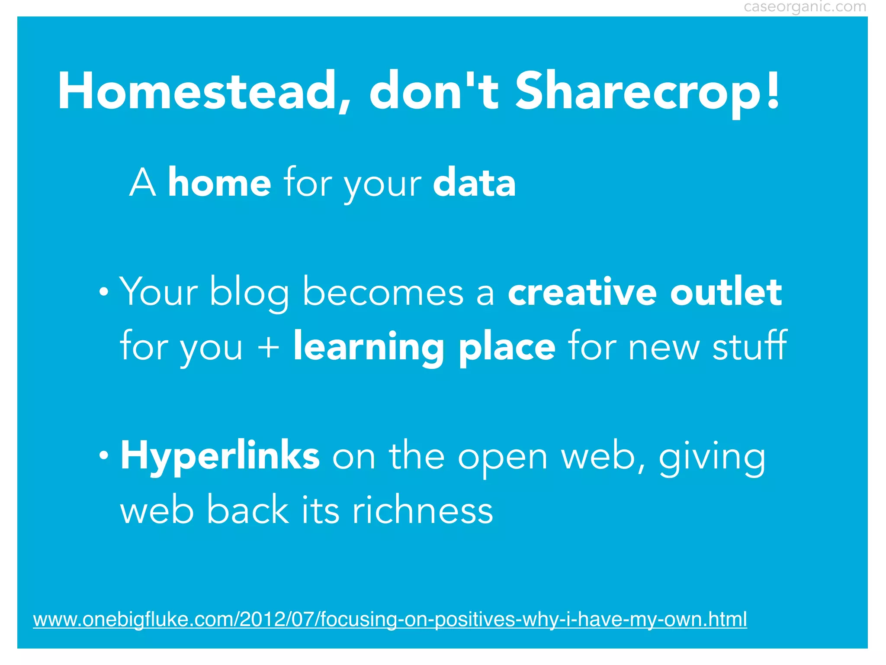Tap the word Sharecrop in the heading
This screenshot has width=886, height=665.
[636, 93]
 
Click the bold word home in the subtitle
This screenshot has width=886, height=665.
[219, 183]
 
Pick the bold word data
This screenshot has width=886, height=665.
[474, 183]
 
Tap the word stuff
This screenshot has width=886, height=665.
[749, 345]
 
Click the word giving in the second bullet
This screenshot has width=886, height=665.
[712, 458]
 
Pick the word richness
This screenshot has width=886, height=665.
[422, 510]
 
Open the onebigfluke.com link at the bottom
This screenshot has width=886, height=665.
[390, 619]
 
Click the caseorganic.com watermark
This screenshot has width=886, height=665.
[805, 7]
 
